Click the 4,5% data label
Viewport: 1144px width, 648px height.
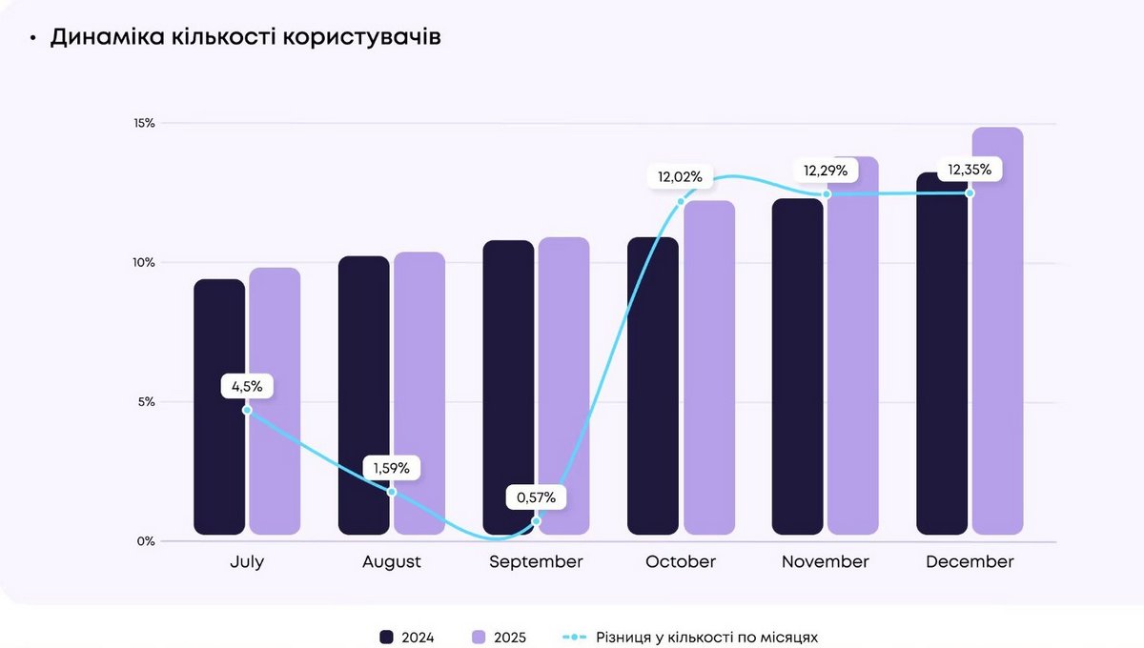[247, 387]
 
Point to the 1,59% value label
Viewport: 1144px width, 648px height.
[391, 468]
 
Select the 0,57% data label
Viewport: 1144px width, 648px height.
[536, 496]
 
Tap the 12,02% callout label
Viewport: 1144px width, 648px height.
[680, 176]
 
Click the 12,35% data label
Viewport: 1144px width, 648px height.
[970, 170]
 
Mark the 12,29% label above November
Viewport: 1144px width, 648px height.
[826, 171]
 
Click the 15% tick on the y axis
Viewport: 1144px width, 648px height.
[144, 123]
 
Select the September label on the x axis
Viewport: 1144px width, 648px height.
[536, 562]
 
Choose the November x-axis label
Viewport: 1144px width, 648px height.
[826, 562]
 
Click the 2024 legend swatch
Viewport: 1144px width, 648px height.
[386, 637]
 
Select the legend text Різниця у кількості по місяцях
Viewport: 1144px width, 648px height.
[706, 637]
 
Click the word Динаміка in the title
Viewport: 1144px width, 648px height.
[109, 38]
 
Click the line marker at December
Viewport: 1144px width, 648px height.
[970, 193]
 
